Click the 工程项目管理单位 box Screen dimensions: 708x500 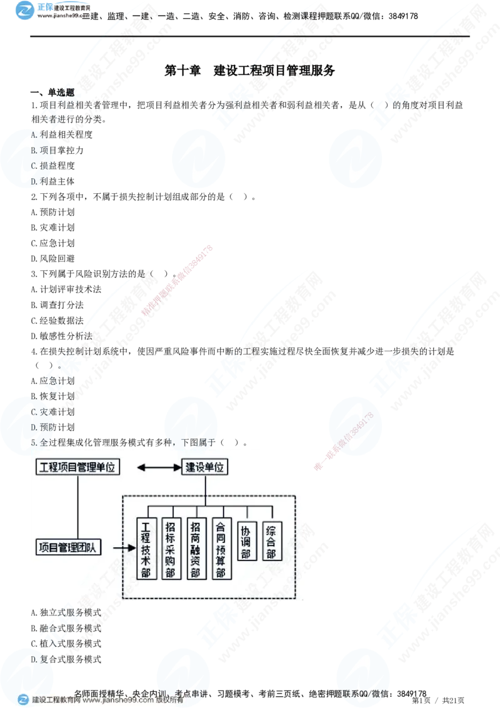tap(77, 467)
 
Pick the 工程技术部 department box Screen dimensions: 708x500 tap(146, 549)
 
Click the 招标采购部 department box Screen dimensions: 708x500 tap(170, 549)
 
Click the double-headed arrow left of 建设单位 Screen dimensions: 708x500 tap(150, 467)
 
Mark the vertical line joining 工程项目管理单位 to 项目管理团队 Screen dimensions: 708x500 tap(77, 507)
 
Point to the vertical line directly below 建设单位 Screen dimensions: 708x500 tap(205, 488)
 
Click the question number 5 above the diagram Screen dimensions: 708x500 tap(34, 442)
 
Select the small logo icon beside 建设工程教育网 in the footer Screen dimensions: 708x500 tap(23, 700)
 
